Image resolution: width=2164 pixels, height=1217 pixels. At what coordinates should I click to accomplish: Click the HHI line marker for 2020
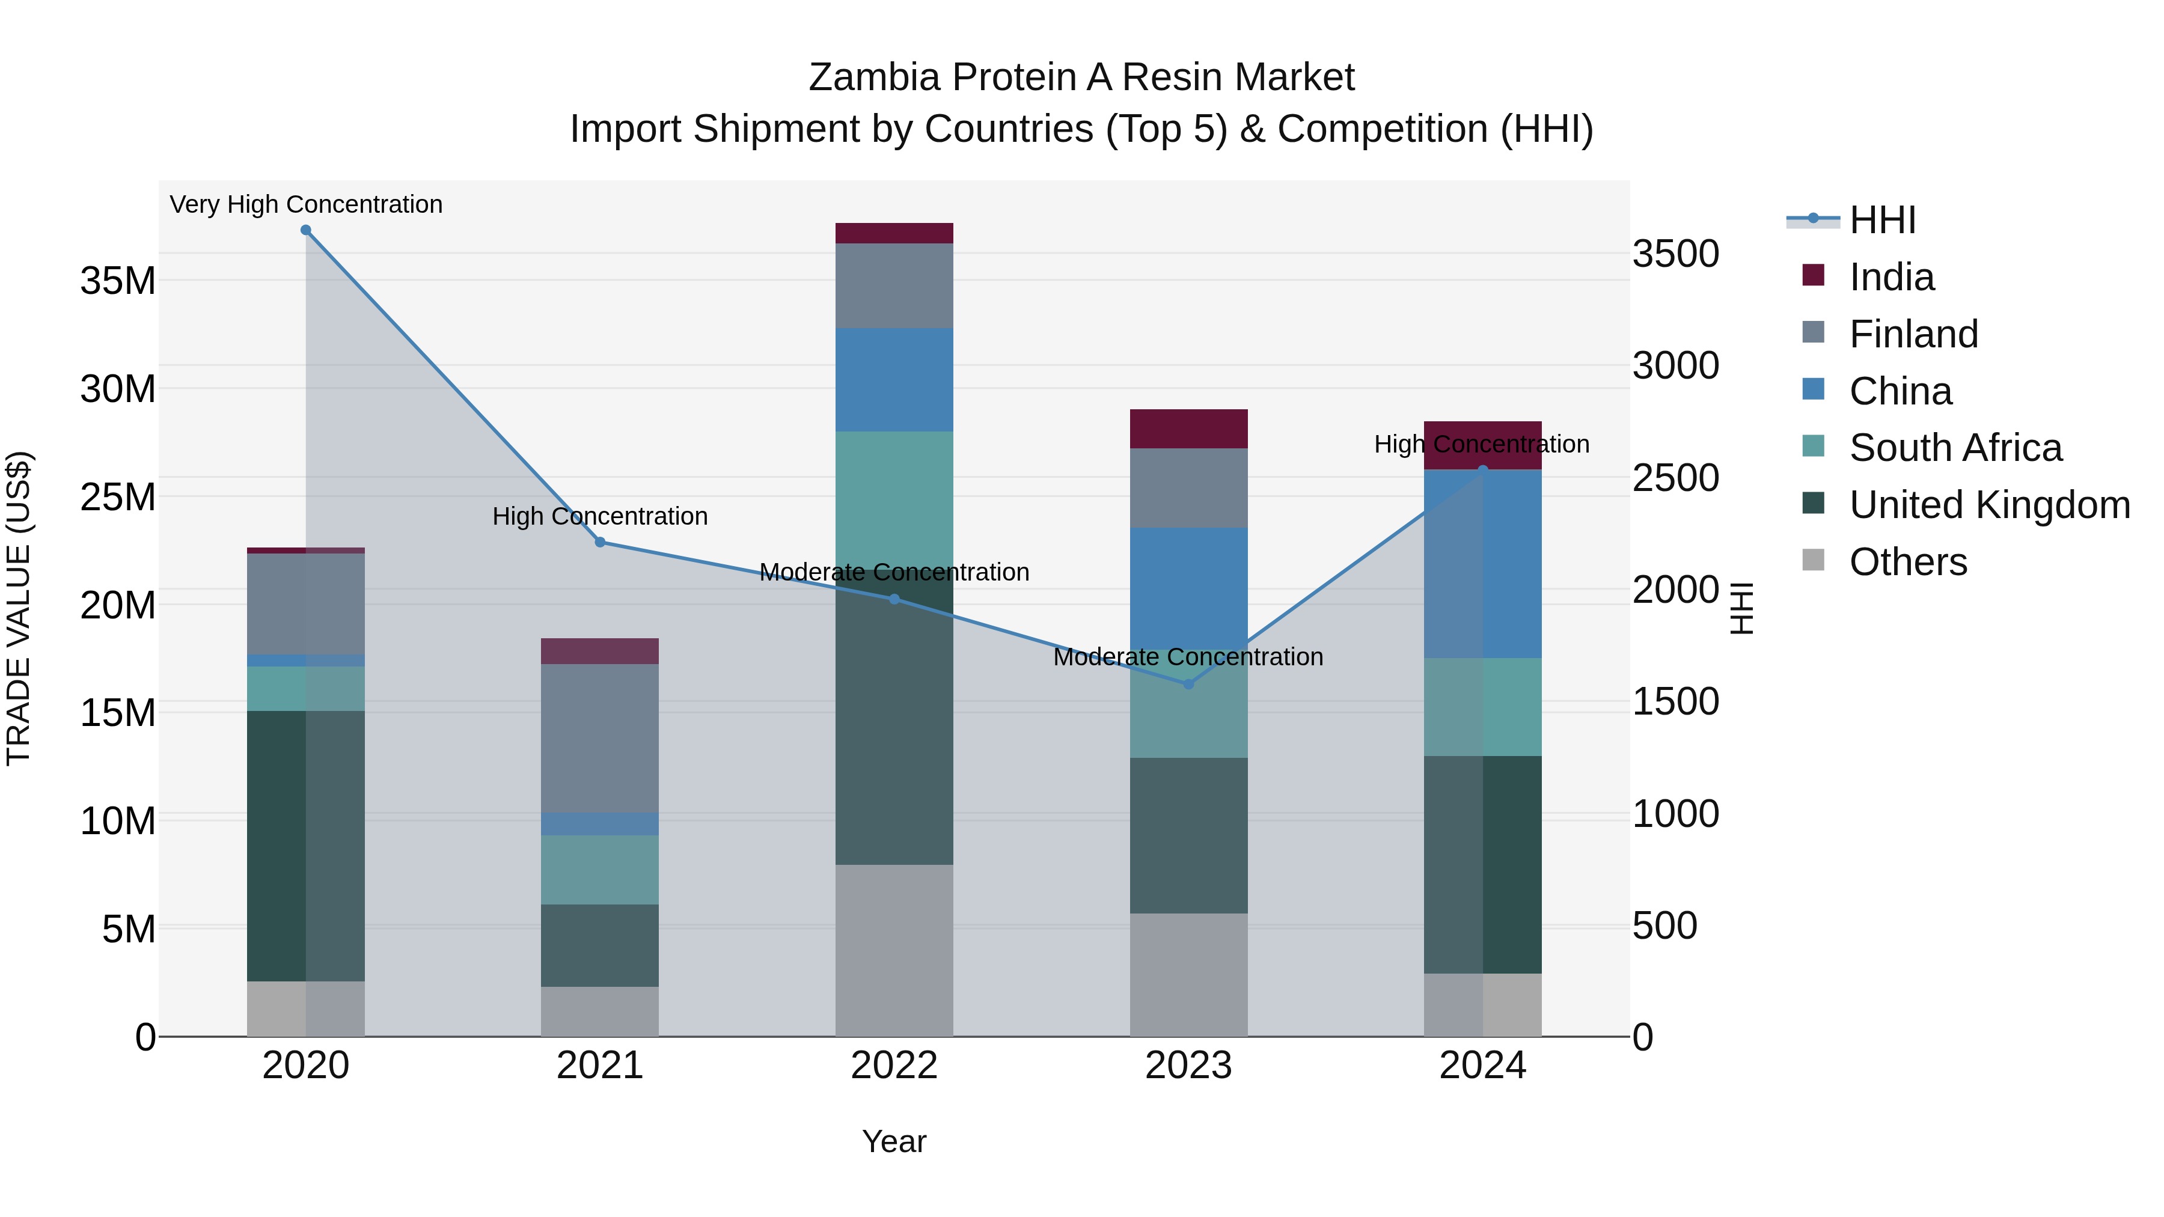(306, 230)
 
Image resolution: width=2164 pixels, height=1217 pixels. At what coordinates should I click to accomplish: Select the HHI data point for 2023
(1188, 685)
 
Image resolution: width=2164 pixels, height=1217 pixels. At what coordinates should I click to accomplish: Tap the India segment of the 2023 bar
(1188, 429)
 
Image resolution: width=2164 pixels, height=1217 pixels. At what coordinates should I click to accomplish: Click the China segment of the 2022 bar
(894, 380)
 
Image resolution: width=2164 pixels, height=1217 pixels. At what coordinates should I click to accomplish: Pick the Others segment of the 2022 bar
(894, 950)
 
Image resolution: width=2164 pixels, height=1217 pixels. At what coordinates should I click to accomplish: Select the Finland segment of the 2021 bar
(600, 738)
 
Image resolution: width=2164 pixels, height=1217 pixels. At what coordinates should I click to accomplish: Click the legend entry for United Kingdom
(1988, 505)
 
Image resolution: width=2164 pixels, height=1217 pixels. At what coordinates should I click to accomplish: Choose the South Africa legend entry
(1955, 448)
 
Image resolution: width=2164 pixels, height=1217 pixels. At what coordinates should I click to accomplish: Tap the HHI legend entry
(1881, 220)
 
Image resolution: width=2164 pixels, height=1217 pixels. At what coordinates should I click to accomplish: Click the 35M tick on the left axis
(118, 281)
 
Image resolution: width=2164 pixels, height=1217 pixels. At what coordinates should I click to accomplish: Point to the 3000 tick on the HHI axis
(1675, 366)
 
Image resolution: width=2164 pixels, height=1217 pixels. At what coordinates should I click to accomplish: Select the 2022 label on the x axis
(894, 1066)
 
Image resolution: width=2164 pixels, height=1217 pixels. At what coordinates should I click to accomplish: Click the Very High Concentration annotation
(306, 204)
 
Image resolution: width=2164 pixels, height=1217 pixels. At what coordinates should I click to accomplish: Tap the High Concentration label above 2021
(600, 516)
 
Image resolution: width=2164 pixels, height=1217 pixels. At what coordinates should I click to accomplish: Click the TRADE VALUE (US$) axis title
(19, 608)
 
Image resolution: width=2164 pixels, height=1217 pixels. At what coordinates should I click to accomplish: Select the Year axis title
(894, 1141)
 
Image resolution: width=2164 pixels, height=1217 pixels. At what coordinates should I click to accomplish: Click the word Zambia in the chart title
(873, 78)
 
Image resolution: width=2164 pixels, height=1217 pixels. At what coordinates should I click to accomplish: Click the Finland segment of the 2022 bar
(894, 285)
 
